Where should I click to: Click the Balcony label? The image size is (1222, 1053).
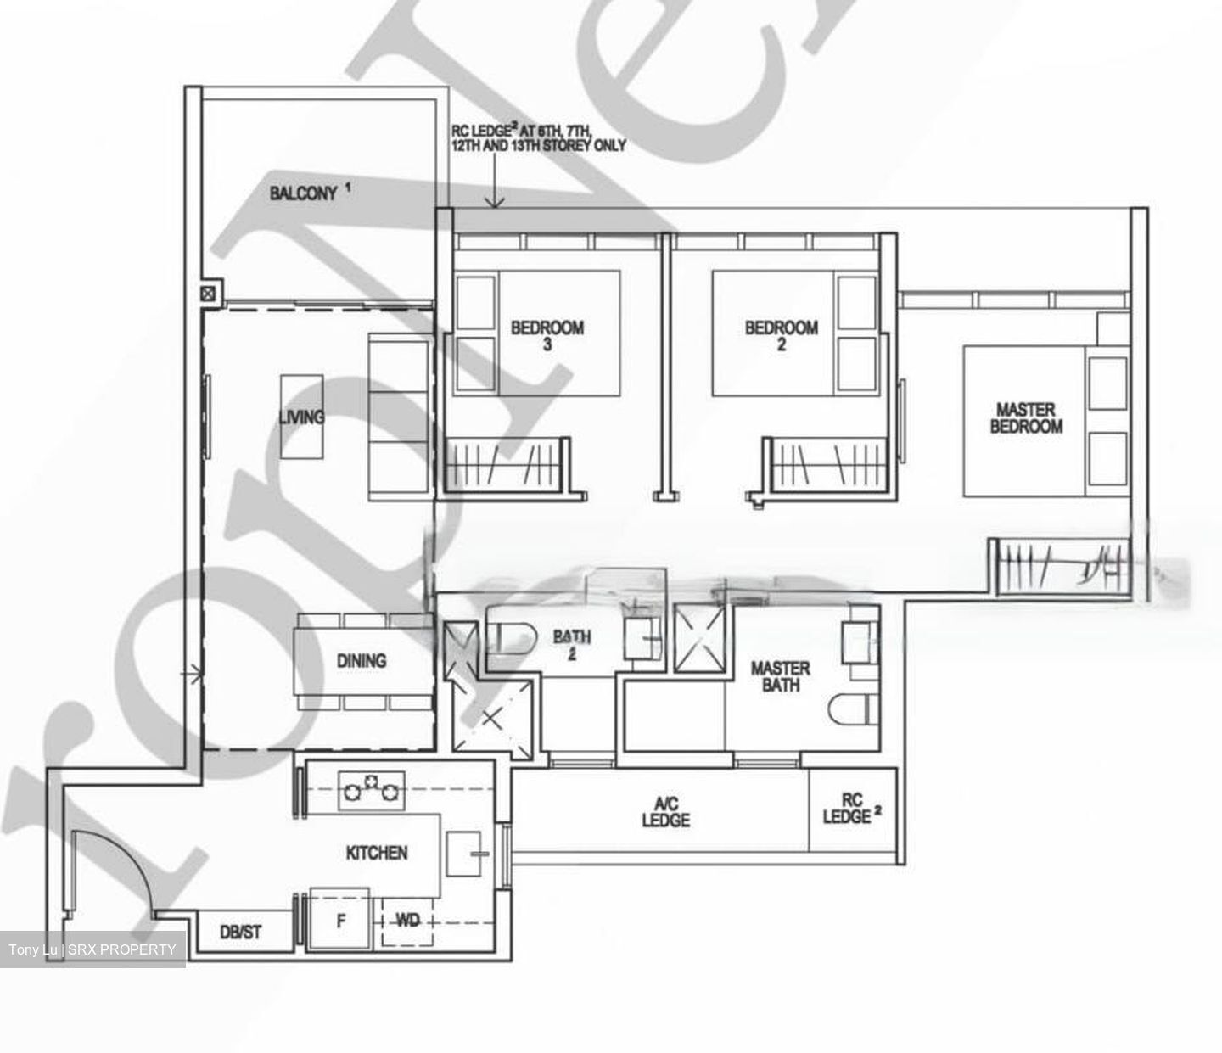coord(303,193)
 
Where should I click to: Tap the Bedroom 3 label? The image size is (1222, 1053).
coord(547,334)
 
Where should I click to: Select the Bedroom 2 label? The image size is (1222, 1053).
coord(781,334)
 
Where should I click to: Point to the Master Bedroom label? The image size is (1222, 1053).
coord(1026,418)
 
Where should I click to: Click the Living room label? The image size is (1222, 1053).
coord(301,417)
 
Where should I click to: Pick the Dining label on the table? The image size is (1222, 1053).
coord(362,660)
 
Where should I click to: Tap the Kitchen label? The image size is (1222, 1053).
coord(377,853)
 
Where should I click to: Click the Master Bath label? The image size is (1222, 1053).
coord(780,676)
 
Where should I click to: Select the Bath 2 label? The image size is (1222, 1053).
coord(572,643)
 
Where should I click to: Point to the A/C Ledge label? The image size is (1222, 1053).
coord(665,812)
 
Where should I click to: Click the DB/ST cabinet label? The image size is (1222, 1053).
coord(241,932)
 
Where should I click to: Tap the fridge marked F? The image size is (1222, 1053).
coord(339,920)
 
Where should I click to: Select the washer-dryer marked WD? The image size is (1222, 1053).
coord(407,920)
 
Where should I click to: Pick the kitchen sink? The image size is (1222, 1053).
coord(466,854)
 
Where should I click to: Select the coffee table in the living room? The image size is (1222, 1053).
coord(301,417)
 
